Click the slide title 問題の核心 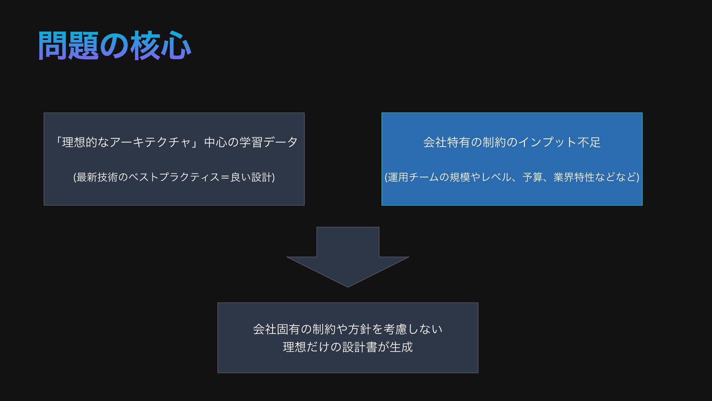(x=114, y=46)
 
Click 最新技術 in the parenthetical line (x=97, y=177)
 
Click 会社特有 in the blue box (x=446, y=142)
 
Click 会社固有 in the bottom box (x=276, y=329)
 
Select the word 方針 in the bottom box (x=359, y=329)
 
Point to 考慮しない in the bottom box (x=413, y=329)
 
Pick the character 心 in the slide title (x=176, y=46)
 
